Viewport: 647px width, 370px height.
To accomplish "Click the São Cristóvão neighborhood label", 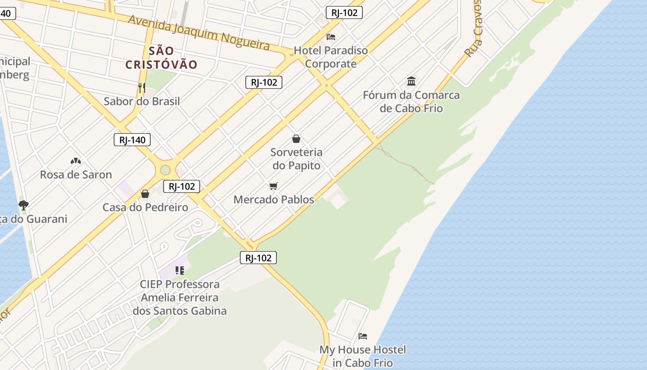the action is pyautogui.click(x=161, y=58).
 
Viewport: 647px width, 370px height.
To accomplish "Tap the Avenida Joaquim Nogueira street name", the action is pyautogui.click(x=199, y=32).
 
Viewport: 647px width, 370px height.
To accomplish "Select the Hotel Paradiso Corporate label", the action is pyautogui.click(x=331, y=57).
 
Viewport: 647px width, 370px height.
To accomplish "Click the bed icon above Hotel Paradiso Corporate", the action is pyautogui.click(x=331, y=37).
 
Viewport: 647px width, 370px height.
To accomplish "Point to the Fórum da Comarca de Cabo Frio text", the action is pyautogui.click(x=411, y=102).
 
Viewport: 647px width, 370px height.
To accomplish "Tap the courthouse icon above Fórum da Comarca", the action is pyautogui.click(x=411, y=82).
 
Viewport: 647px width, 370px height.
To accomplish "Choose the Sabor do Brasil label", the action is pyautogui.click(x=142, y=101).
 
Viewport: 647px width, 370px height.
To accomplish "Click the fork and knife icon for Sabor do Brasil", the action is pyautogui.click(x=142, y=87).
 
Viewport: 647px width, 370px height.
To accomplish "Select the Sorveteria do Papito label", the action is pyautogui.click(x=296, y=159).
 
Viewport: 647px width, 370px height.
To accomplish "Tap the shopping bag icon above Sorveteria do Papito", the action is pyautogui.click(x=296, y=139).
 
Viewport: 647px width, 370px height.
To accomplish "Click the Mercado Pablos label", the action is pyautogui.click(x=274, y=200).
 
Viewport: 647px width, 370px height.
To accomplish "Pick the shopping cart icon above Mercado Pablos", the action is pyautogui.click(x=274, y=186).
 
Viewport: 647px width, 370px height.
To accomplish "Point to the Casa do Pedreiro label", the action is pyautogui.click(x=145, y=207).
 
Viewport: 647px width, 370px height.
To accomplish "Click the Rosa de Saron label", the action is pyautogui.click(x=76, y=175).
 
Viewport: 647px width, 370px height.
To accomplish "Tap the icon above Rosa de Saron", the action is pyautogui.click(x=76, y=161).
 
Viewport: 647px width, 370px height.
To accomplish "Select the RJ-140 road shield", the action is pyautogui.click(x=132, y=140).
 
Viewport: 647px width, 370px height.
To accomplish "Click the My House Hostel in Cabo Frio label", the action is pyautogui.click(x=363, y=356).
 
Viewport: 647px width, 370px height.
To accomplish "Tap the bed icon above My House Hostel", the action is pyautogui.click(x=363, y=336).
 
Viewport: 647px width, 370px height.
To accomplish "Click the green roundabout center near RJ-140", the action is pyautogui.click(x=165, y=170).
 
